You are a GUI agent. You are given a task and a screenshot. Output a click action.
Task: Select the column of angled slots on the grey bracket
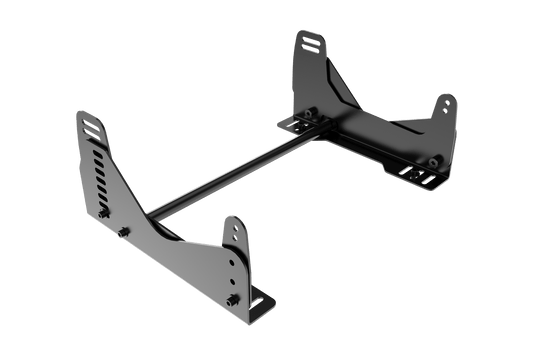[97, 170]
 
